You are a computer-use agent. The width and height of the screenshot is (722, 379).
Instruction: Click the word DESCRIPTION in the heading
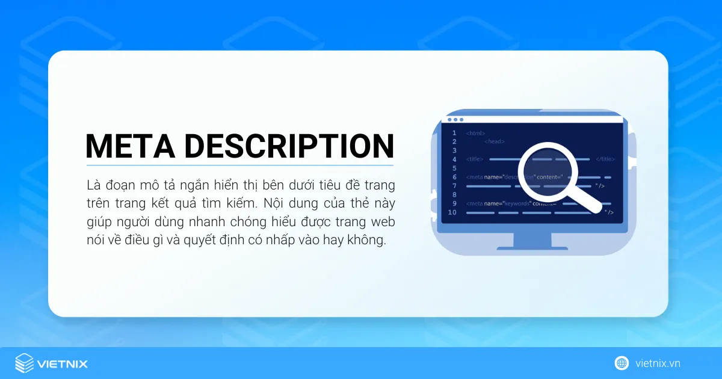pyautogui.click(x=289, y=146)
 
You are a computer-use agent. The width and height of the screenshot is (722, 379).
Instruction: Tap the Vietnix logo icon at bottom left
pyautogui.click(x=25, y=363)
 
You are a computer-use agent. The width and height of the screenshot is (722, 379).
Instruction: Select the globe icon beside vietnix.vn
pyautogui.click(x=622, y=363)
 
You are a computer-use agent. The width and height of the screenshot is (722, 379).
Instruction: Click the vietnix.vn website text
pyautogui.click(x=658, y=363)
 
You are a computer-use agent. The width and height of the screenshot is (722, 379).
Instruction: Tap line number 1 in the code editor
pyautogui.click(x=454, y=133)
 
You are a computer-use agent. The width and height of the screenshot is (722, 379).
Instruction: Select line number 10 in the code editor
pyautogui.click(x=452, y=212)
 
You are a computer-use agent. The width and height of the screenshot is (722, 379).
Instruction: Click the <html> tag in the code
pyautogui.click(x=475, y=133)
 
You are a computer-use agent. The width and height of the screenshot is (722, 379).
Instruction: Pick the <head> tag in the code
pyautogui.click(x=495, y=141)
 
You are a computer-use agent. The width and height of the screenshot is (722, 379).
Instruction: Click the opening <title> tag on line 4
pyautogui.click(x=475, y=159)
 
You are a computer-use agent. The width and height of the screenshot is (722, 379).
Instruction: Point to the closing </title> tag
pyautogui.click(x=605, y=159)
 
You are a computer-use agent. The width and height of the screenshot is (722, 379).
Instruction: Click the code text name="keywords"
pyautogui.click(x=508, y=203)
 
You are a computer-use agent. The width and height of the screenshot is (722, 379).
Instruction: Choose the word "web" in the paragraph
pyautogui.click(x=383, y=221)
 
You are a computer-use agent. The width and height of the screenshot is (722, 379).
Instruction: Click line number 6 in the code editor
pyautogui.click(x=454, y=177)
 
